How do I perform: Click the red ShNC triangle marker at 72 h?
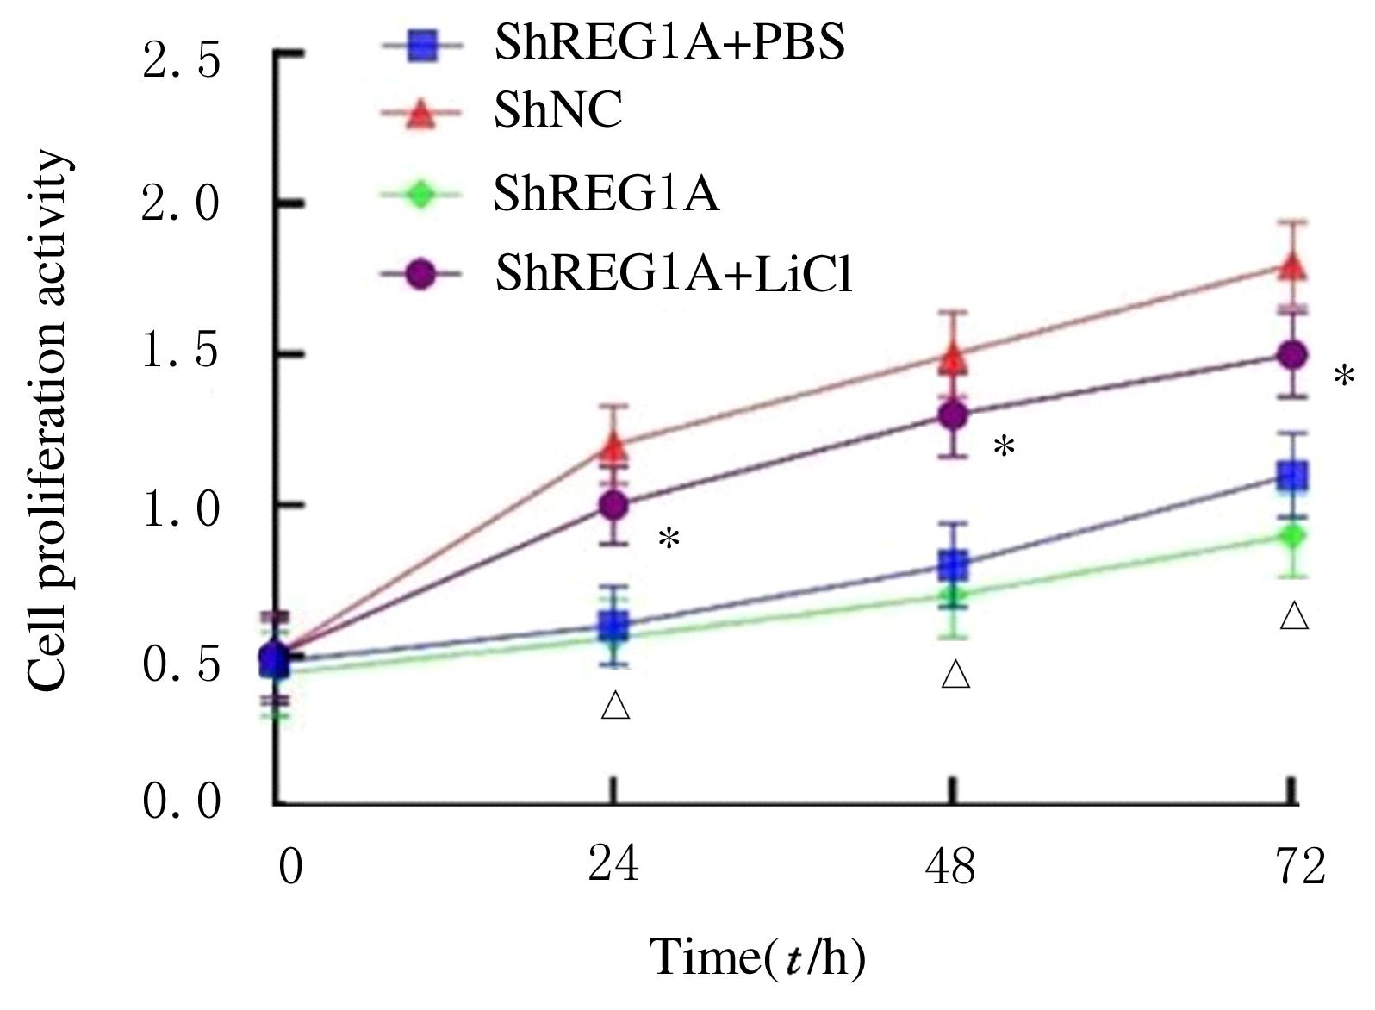(1291, 266)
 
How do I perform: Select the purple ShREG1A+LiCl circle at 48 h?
(952, 415)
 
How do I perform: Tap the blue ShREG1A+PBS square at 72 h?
(1291, 476)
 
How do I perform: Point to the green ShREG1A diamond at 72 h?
(1291, 536)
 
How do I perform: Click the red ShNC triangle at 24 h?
(613, 446)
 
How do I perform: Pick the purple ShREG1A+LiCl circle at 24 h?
(613, 505)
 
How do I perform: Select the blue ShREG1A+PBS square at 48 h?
(952, 566)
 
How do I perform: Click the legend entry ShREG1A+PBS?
(669, 43)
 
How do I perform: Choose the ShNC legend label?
(557, 112)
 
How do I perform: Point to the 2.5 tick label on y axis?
(182, 62)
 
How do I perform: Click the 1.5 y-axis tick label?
(182, 353)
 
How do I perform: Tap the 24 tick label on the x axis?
(613, 864)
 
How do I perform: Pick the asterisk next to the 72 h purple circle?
(1343, 377)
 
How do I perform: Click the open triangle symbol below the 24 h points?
(616, 705)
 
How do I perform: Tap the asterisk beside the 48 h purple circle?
(1004, 448)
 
